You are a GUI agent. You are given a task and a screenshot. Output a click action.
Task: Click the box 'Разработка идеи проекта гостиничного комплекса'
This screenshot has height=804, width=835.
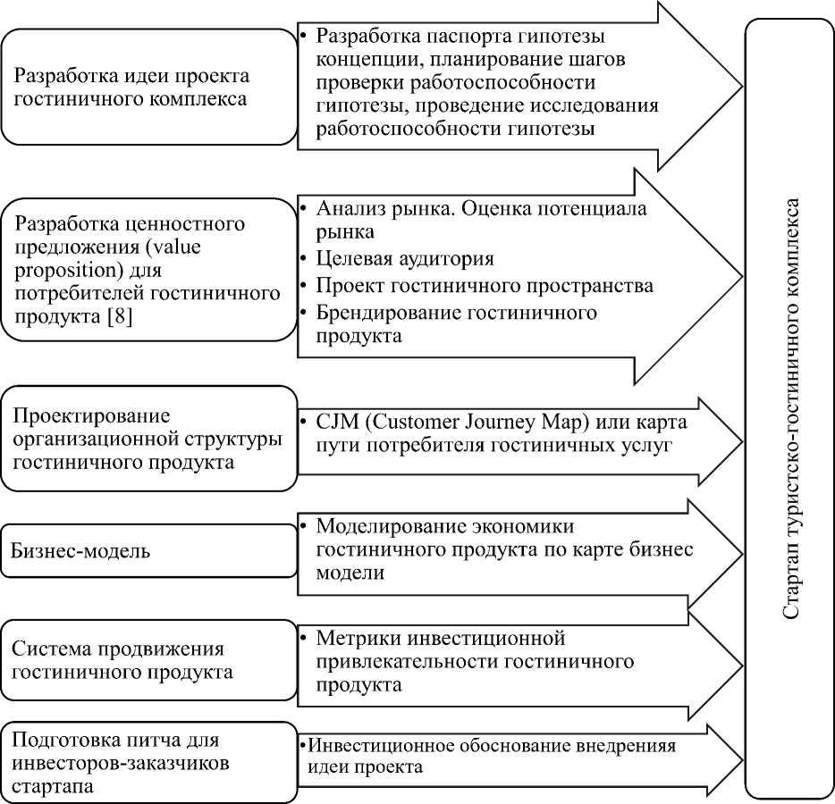[148, 87]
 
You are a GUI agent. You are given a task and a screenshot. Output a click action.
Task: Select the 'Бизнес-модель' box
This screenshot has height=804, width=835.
[148, 551]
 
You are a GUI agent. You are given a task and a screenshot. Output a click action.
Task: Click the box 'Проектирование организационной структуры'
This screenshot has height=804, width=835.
[148, 439]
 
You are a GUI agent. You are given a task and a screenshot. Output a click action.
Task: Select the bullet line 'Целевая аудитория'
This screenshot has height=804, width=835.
[405, 259]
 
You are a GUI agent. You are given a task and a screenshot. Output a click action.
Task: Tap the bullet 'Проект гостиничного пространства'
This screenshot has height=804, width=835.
[485, 286]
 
